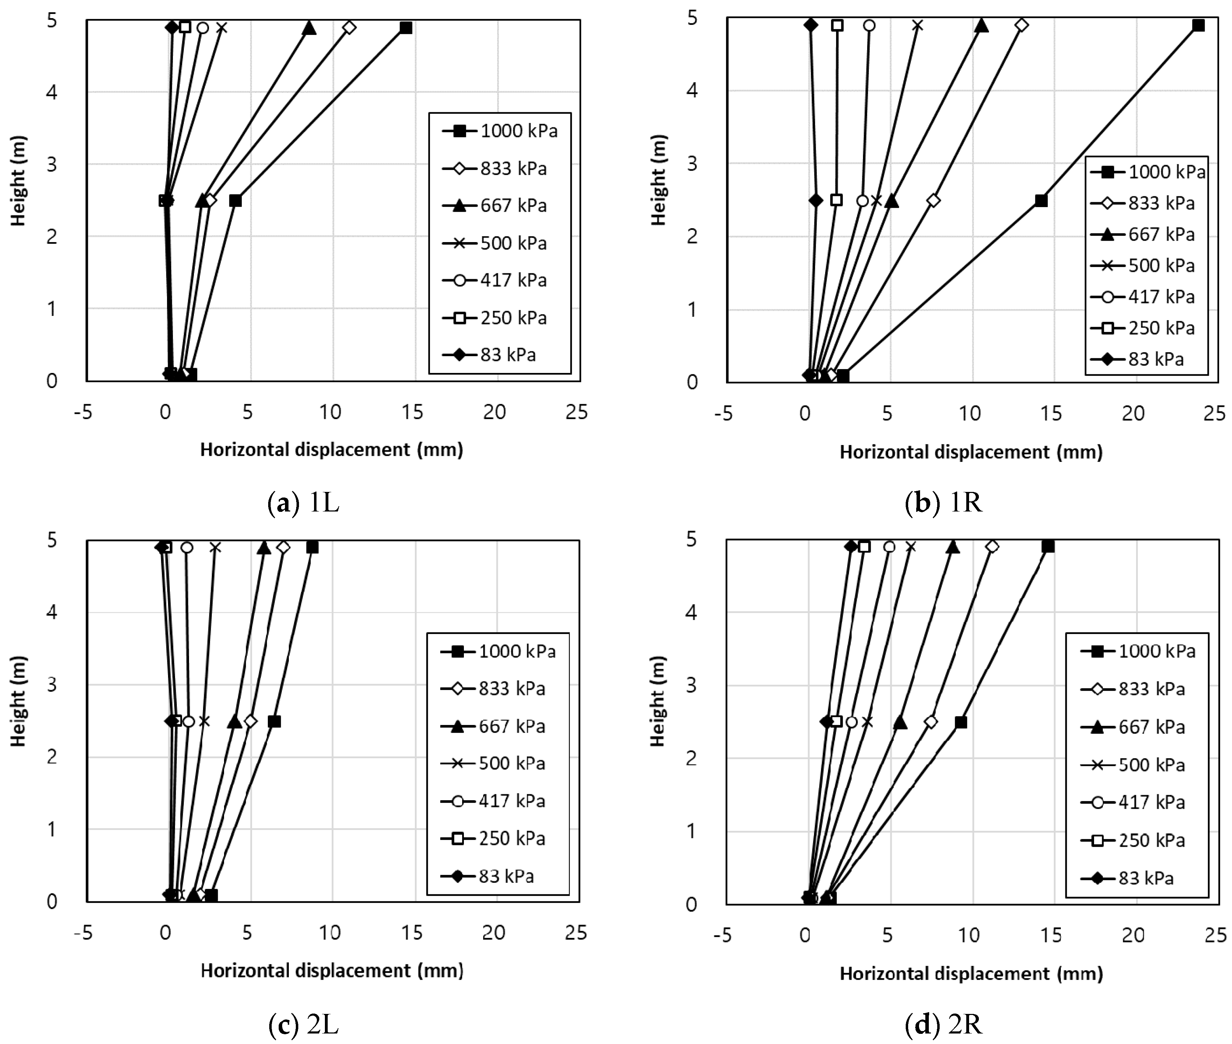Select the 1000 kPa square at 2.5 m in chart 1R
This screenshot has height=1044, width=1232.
click(1041, 200)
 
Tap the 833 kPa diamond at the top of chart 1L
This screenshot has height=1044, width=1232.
click(349, 27)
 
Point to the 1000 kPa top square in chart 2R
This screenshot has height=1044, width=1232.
click(1048, 546)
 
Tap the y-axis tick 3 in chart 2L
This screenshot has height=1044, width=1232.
click(52, 685)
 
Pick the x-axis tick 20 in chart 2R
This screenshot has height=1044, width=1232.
click(1133, 935)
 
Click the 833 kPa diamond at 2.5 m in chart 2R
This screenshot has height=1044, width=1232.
click(931, 722)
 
